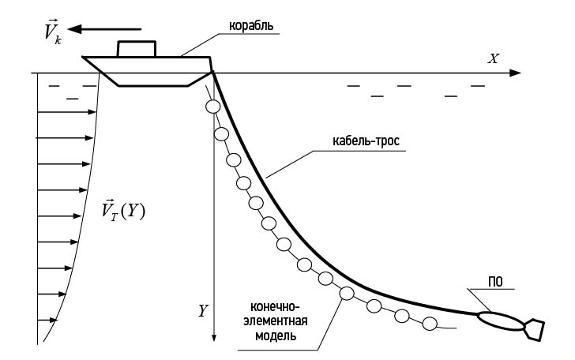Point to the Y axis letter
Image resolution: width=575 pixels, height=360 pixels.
[x=203, y=310]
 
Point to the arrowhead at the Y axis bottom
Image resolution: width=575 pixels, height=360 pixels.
[x=214, y=338]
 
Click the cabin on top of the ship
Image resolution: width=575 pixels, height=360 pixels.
[x=137, y=48]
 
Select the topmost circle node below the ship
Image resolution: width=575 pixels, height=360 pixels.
[x=211, y=107]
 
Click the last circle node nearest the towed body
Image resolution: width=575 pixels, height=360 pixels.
[x=430, y=322]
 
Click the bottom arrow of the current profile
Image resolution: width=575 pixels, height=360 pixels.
[x=48, y=321]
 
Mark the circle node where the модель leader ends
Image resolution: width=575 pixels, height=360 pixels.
[x=347, y=294]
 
